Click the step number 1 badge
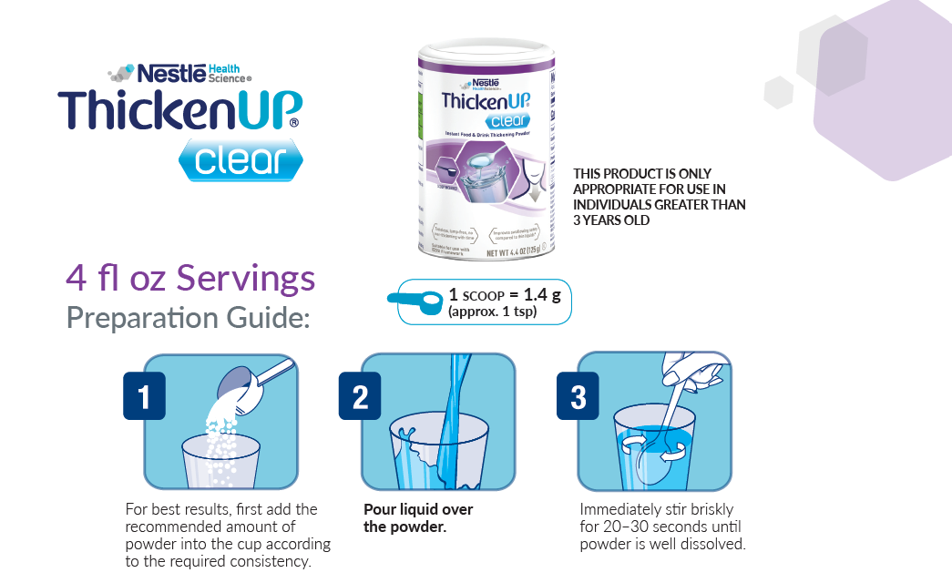144,396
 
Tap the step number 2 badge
360,396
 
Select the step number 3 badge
577,396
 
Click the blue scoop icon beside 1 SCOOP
415,302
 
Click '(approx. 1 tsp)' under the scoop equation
491,312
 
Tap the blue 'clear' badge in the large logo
240,160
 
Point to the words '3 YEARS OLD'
611,220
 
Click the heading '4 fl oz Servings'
190,278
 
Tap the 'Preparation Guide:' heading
188,318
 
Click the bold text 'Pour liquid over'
418,509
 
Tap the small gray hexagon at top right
778,92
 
